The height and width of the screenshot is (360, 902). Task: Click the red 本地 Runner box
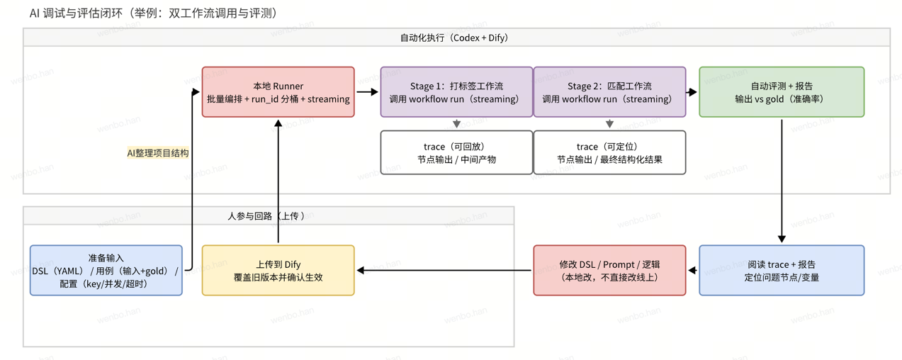pyautogui.click(x=278, y=92)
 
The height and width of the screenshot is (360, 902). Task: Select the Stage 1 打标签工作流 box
pyautogui.click(x=456, y=92)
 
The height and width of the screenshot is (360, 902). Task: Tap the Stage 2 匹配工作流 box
pyautogui.click(x=609, y=92)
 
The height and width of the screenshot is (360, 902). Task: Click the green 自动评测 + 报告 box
pyautogui.click(x=782, y=92)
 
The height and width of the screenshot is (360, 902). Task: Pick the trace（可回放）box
pyautogui.click(x=456, y=152)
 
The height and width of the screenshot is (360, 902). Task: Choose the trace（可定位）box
pyautogui.click(x=609, y=152)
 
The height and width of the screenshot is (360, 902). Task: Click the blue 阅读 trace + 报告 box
pyautogui.click(x=782, y=270)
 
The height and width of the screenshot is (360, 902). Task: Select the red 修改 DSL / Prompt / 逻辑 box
pyautogui.click(x=609, y=270)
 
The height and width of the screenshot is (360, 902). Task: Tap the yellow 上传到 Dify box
pyautogui.click(x=278, y=270)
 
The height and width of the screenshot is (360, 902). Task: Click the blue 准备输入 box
pyautogui.click(x=106, y=270)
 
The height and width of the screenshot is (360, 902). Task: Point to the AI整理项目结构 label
pyautogui.click(x=157, y=152)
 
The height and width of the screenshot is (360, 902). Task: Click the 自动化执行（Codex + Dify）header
pyautogui.click(x=456, y=38)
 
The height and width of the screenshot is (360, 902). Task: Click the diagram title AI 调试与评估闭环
pyautogui.click(x=153, y=13)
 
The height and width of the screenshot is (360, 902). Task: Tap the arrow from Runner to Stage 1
pyautogui.click(x=367, y=92)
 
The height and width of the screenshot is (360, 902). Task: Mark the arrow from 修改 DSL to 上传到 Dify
pyautogui.click(x=444, y=270)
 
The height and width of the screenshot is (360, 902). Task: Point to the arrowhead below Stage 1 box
pyautogui.click(x=456, y=124)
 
